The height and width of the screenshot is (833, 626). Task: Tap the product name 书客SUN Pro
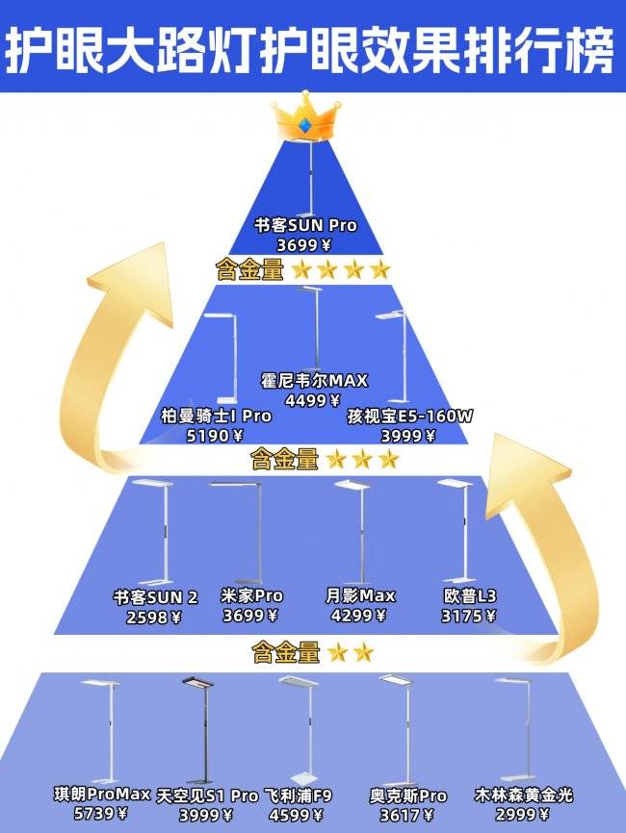[305, 226]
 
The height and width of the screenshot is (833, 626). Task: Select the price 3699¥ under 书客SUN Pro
[305, 244]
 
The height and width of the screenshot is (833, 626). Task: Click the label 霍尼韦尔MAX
[314, 381]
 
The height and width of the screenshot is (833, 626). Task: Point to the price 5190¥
[209, 436]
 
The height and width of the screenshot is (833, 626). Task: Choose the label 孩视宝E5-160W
[410, 416]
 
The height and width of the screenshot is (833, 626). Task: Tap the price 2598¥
[154, 617]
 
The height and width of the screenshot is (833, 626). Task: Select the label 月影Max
[360, 596]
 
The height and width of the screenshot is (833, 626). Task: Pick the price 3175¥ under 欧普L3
[469, 617]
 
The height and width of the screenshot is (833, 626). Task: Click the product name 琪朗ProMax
[103, 795]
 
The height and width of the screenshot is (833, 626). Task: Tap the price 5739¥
[101, 814]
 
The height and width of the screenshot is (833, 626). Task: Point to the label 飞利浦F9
[299, 795]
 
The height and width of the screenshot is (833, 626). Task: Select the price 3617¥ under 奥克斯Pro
[408, 815]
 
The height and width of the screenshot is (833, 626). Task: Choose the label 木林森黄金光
[524, 795]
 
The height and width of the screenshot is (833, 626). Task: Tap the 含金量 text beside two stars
[286, 654]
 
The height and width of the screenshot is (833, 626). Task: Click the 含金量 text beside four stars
[250, 270]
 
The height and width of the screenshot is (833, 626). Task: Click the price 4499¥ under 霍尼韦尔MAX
[313, 400]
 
